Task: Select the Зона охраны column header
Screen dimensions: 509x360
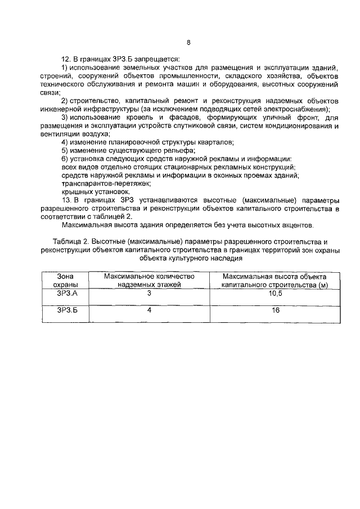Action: (x=62, y=281)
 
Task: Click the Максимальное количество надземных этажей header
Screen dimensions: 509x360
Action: (x=150, y=281)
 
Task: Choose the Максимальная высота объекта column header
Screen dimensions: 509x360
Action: (x=274, y=281)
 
